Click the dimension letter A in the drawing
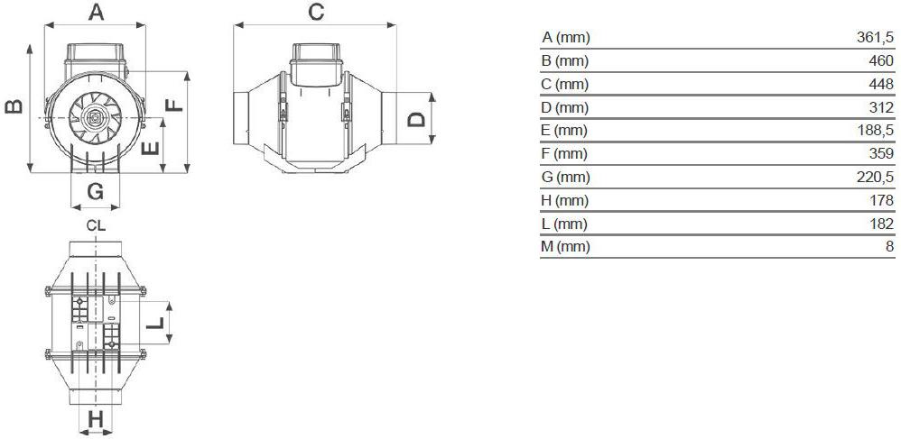click(96, 12)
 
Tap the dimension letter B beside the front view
click(14, 106)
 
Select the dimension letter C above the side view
click(316, 12)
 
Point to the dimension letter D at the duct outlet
click(416, 119)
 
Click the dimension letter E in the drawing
click(150, 149)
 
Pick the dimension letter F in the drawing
click(174, 105)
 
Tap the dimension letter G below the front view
click(96, 191)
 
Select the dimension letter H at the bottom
click(96, 419)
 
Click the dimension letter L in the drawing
click(155, 323)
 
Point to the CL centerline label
click(96, 225)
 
